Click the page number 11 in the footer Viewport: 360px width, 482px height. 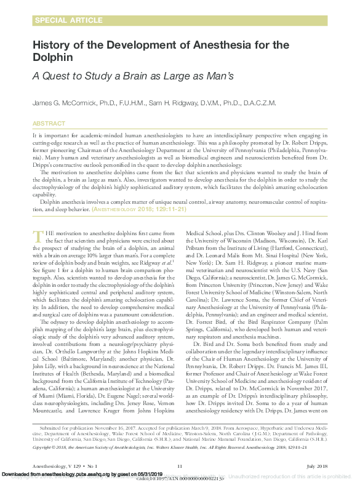coord(180,467)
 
